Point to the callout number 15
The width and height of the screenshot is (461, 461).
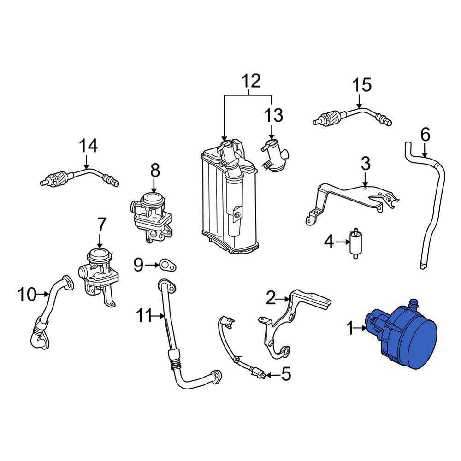[x=362, y=85]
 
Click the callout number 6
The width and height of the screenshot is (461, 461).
[x=425, y=135]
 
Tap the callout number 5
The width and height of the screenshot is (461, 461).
[x=286, y=375]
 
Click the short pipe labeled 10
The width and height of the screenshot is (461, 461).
[x=51, y=313]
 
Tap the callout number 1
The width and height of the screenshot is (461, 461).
[x=350, y=328]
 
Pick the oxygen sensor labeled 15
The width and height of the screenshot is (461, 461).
[x=350, y=115]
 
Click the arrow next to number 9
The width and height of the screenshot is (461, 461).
[x=151, y=265]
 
